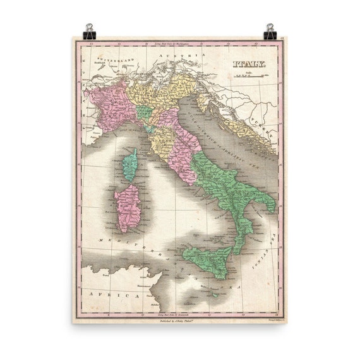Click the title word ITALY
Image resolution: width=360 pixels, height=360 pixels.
coord(249,64)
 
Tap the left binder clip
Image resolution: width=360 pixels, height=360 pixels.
coord(89,32)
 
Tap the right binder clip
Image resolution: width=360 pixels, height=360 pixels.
coord(270,32)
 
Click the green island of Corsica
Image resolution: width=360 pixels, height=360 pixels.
coord(129,165)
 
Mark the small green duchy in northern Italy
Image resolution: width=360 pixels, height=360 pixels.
coord(144,113)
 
